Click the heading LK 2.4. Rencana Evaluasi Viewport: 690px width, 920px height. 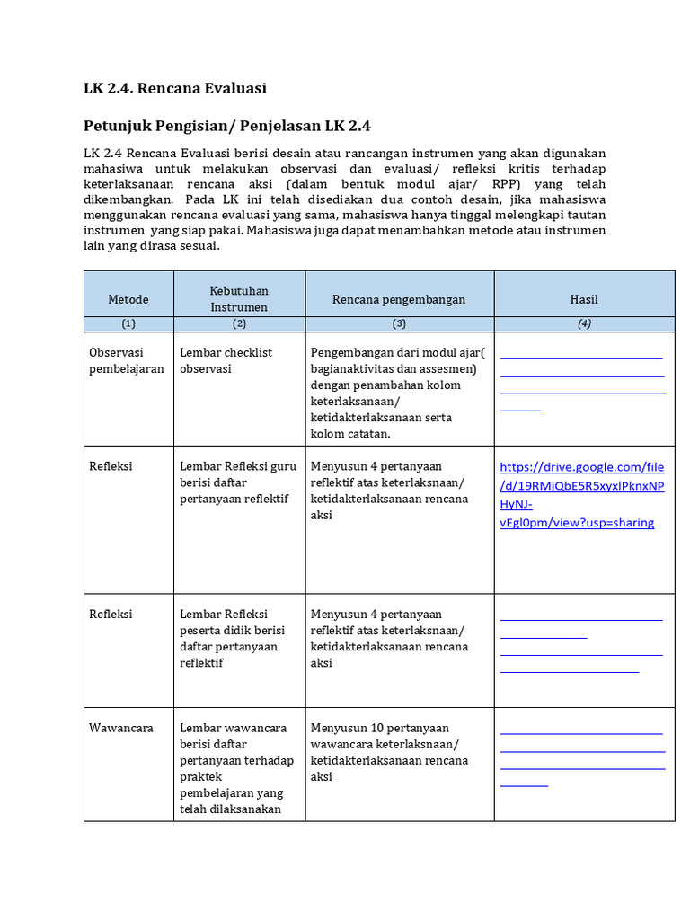(x=175, y=88)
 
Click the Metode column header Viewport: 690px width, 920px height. (x=128, y=299)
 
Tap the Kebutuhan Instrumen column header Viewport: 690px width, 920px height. (x=239, y=299)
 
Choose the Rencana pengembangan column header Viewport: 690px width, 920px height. (x=399, y=299)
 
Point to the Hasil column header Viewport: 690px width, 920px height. (x=584, y=299)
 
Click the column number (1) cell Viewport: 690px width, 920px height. (x=128, y=324)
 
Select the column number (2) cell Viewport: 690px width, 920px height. (x=239, y=324)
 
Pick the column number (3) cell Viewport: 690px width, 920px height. (x=399, y=324)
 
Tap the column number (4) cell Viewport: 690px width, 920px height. (x=584, y=324)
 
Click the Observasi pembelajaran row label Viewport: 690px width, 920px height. (x=127, y=360)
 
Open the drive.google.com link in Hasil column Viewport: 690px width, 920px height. (x=581, y=494)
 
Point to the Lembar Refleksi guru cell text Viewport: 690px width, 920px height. (x=238, y=482)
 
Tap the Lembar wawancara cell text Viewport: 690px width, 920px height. (x=236, y=768)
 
